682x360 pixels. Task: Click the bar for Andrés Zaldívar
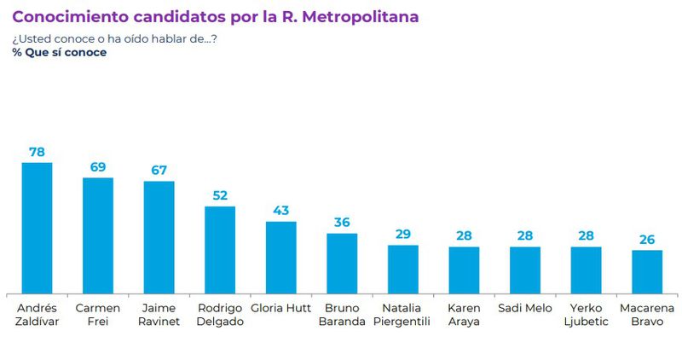coord(37,227)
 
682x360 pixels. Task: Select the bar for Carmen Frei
coord(98,235)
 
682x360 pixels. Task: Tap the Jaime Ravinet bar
coord(159,236)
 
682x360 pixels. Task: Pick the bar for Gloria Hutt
coord(281,257)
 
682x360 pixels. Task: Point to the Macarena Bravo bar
coord(647,270)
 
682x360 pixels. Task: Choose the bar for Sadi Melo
coord(525,269)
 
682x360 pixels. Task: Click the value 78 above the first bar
coord(37,152)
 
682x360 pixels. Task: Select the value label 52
coord(220,195)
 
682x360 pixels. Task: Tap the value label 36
coord(342,223)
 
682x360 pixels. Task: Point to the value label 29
coord(403,234)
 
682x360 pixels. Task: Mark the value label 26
coord(647,239)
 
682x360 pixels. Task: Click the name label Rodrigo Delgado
coord(220,314)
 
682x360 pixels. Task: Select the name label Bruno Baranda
coord(342,314)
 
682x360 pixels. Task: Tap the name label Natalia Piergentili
coord(403,314)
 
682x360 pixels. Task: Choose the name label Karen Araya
coord(464,314)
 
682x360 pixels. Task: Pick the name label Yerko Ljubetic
coord(586,314)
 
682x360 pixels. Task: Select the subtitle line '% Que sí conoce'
coord(60,52)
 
